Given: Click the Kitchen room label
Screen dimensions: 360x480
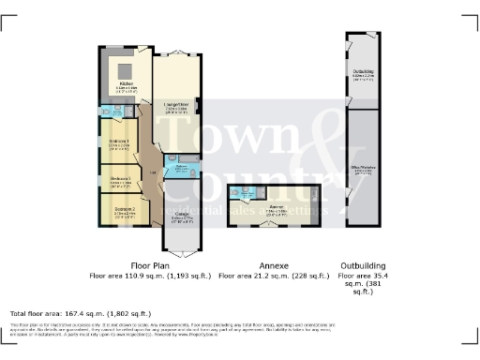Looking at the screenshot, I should tap(127, 84).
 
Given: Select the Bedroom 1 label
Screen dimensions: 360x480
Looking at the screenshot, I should tap(118, 142).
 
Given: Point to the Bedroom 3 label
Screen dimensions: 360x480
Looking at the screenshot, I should tap(119, 177).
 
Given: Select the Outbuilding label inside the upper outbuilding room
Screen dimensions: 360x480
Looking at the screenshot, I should tap(364, 71).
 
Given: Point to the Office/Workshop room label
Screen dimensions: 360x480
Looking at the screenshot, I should tap(363, 166).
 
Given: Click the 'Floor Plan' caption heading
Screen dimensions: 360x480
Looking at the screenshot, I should tap(149, 265).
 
